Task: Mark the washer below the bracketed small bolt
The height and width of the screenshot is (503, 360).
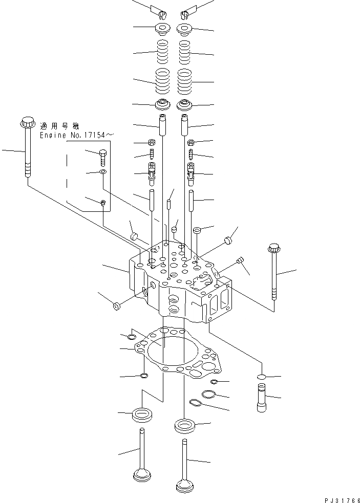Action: click(102, 173)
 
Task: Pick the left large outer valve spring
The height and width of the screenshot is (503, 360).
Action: click(163, 82)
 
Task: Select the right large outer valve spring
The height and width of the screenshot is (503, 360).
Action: click(186, 82)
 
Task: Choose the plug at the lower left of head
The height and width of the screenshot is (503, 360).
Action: click(116, 306)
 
